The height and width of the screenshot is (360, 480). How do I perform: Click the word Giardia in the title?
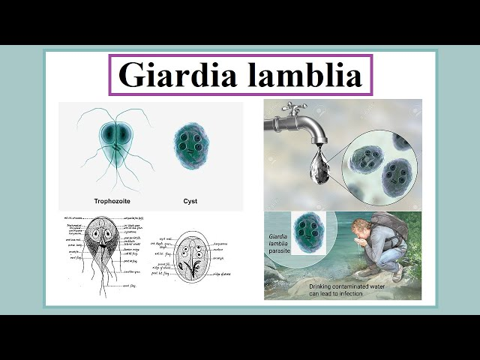[x=175, y=75]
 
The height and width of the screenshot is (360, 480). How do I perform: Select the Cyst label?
[x=191, y=202]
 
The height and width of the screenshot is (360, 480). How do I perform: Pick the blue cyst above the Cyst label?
[x=191, y=145]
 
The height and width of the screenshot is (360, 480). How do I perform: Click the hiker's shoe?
[x=397, y=274]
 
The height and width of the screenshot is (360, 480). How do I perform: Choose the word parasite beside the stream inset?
[x=279, y=253]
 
